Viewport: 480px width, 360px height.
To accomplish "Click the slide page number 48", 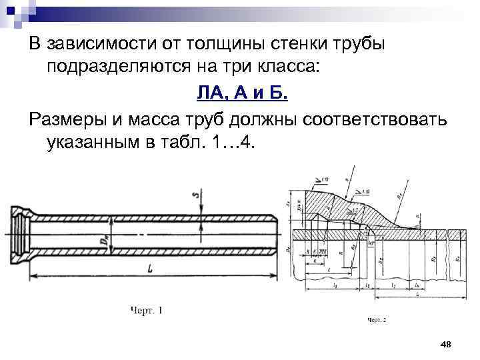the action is [447, 343].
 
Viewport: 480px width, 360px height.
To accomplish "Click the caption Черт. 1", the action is [147, 310].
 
